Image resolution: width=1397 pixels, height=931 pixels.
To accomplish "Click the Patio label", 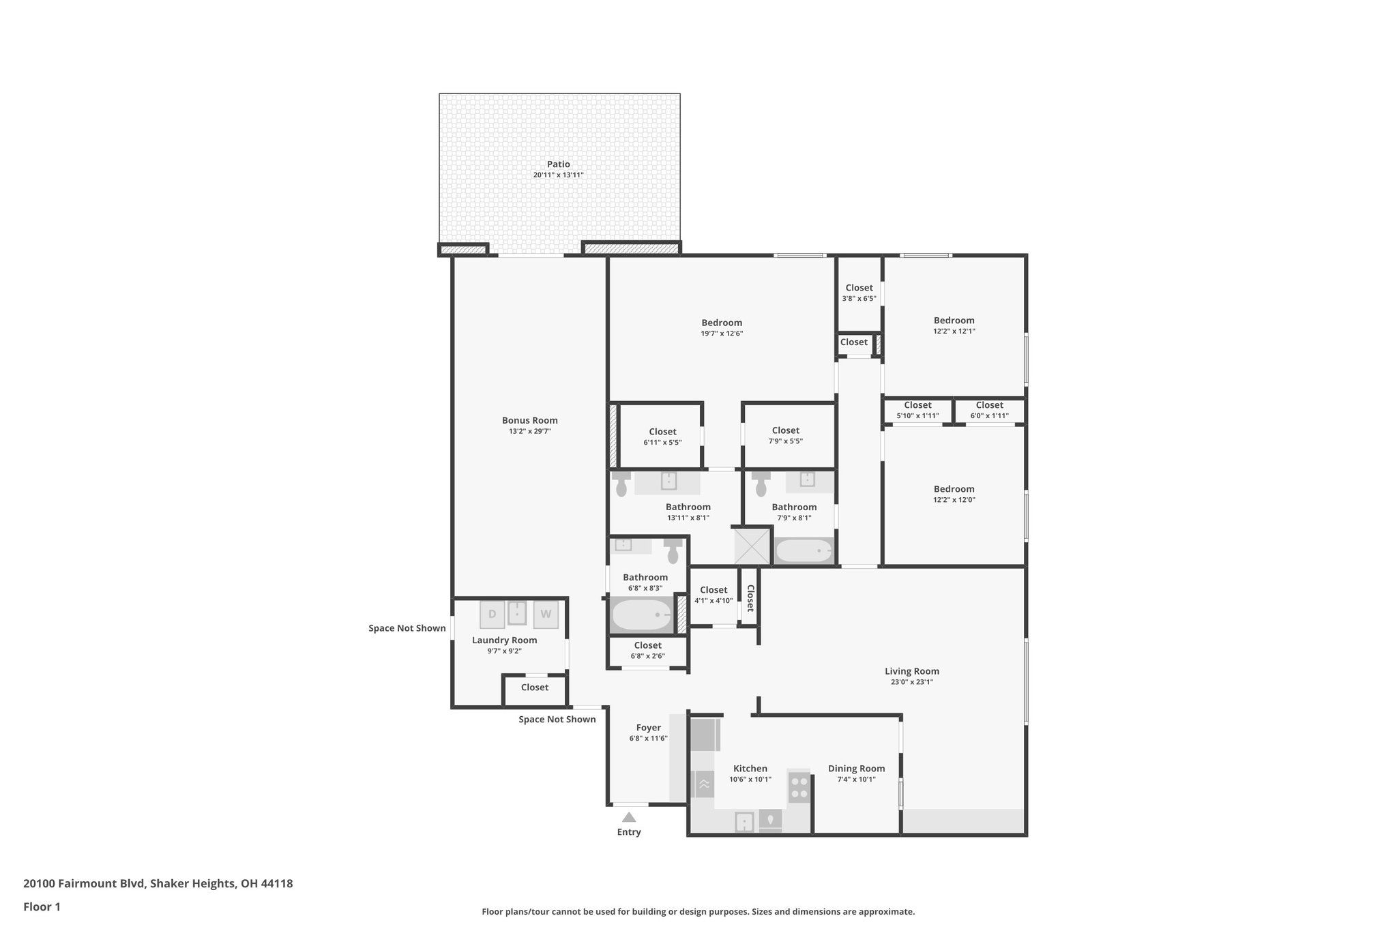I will click(558, 164).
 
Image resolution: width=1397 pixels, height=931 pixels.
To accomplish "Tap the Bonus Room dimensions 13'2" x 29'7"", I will click(530, 431).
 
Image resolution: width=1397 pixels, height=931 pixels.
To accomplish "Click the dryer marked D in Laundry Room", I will click(492, 614).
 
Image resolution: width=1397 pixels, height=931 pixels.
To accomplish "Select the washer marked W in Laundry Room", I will click(546, 614).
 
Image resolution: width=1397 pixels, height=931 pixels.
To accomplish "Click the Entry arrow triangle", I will click(629, 817).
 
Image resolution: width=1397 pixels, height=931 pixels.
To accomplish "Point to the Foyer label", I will click(648, 728).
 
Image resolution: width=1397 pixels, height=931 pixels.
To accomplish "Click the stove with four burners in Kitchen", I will click(799, 787).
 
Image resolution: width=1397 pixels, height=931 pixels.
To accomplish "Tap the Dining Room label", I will click(856, 769).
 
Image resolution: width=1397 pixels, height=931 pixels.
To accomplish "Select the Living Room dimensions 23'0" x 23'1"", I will click(911, 682).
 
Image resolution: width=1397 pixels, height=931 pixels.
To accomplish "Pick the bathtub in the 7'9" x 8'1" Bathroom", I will click(804, 550).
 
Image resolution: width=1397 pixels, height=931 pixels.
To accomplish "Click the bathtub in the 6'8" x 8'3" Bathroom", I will click(642, 615).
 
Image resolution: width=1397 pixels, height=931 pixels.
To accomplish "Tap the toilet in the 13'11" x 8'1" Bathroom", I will click(621, 485).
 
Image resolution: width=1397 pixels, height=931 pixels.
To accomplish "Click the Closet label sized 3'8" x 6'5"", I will click(859, 288).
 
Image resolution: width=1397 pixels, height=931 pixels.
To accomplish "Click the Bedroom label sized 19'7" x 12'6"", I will click(722, 323).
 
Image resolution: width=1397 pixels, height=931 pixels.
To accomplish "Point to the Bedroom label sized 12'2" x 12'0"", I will click(954, 489).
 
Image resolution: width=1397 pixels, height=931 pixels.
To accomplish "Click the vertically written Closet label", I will click(750, 598).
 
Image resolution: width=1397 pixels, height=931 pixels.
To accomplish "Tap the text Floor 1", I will click(42, 906).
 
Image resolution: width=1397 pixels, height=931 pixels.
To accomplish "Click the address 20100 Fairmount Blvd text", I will click(84, 883).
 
